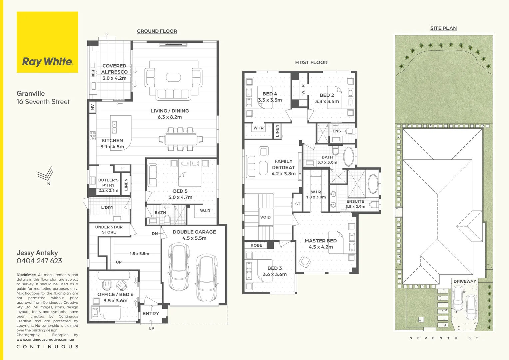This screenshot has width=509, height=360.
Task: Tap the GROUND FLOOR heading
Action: pos(157,31)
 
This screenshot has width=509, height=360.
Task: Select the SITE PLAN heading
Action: pos(443,28)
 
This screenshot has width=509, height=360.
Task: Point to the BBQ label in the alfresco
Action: pos(93,73)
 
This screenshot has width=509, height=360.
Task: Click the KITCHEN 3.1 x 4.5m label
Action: pos(112,144)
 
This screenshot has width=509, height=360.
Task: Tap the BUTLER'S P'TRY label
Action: pos(108,183)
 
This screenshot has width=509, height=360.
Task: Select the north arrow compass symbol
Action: pos(45,174)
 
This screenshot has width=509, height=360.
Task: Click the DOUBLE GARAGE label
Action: pos(194,232)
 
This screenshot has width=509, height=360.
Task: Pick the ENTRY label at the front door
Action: pos(151,314)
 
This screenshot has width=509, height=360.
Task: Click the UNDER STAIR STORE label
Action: pos(109,230)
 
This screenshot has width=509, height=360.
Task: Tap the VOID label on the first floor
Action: pos(265,217)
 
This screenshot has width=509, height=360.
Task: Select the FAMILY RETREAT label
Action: pos(283,164)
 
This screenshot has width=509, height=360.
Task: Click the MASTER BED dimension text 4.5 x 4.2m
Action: pos(321,247)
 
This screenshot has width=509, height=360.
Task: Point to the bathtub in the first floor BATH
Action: pos(349,156)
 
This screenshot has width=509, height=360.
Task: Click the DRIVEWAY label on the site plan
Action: pos(465,281)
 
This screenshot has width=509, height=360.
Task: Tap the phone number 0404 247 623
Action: pos(39,261)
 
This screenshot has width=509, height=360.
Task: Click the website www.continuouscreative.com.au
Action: pos(45,339)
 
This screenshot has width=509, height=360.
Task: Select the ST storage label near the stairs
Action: pos(298,204)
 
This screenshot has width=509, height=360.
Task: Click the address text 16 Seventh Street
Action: pos(43,102)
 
